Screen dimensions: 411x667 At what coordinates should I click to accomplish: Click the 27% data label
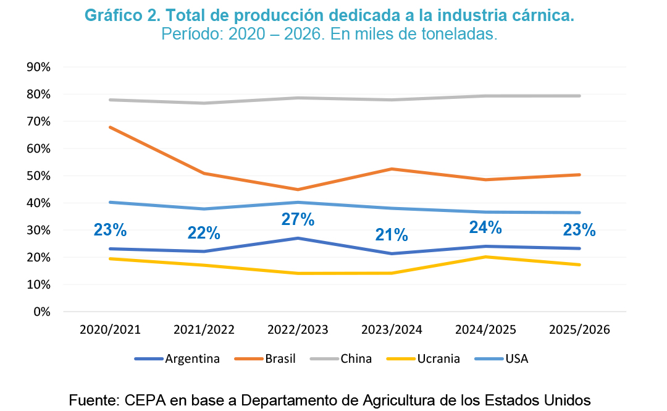click(298, 219)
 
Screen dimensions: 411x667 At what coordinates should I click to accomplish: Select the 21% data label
click(392, 235)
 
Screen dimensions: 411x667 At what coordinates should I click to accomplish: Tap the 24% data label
click(485, 227)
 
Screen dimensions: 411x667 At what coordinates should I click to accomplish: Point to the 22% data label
click(204, 233)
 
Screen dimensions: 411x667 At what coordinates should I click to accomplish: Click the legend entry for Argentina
click(192, 358)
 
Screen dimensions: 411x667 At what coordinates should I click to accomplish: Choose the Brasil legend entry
click(280, 358)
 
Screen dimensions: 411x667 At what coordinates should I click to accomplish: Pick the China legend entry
click(356, 358)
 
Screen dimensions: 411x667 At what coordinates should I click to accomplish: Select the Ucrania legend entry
click(438, 358)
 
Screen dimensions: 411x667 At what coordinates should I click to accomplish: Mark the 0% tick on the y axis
click(41, 311)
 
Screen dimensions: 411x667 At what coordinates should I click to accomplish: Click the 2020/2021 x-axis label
click(110, 329)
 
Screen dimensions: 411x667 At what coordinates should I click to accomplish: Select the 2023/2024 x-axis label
click(392, 329)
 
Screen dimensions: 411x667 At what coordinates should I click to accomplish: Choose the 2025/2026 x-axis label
click(579, 329)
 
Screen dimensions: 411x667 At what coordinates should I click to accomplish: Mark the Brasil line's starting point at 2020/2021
click(110, 127)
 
